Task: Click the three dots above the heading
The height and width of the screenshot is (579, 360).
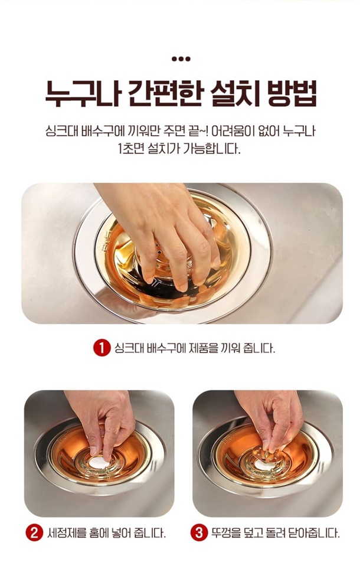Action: (181, 58)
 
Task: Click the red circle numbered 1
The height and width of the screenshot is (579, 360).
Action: (102, 348)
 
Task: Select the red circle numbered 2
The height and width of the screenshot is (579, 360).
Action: (34, 533)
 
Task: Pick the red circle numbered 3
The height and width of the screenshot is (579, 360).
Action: (199, 533)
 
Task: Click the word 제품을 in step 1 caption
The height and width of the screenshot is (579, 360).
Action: (204, 348)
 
